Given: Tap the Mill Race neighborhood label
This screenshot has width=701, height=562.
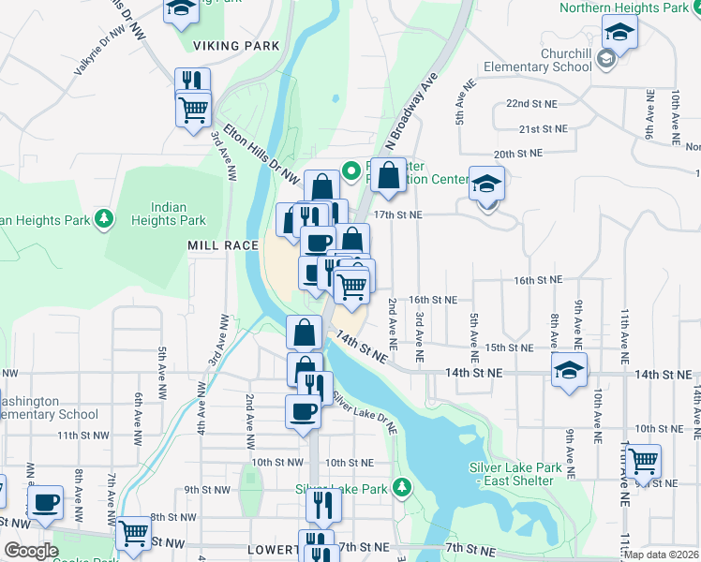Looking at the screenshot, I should (x=223, y=244).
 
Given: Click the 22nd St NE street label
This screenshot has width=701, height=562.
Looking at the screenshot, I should (x=530, y=103).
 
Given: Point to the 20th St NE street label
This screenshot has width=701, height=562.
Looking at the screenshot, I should (x=518, y=153).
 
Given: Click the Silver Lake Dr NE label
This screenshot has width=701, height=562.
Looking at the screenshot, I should (x=364, y=417).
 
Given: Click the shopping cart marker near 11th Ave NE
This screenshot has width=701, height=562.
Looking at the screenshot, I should (x=643, y=460).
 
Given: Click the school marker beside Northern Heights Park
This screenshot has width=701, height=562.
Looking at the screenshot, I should (x=619, y=32).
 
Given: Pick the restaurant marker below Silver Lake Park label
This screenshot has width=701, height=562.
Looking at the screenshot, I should (x=323, y=505).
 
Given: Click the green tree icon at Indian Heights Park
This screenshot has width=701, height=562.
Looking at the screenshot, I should (x=106, y=219).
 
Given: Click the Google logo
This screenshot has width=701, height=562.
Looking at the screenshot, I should (x=32, y=552).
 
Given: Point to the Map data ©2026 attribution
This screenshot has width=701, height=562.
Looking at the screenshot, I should (x=661, y=555).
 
